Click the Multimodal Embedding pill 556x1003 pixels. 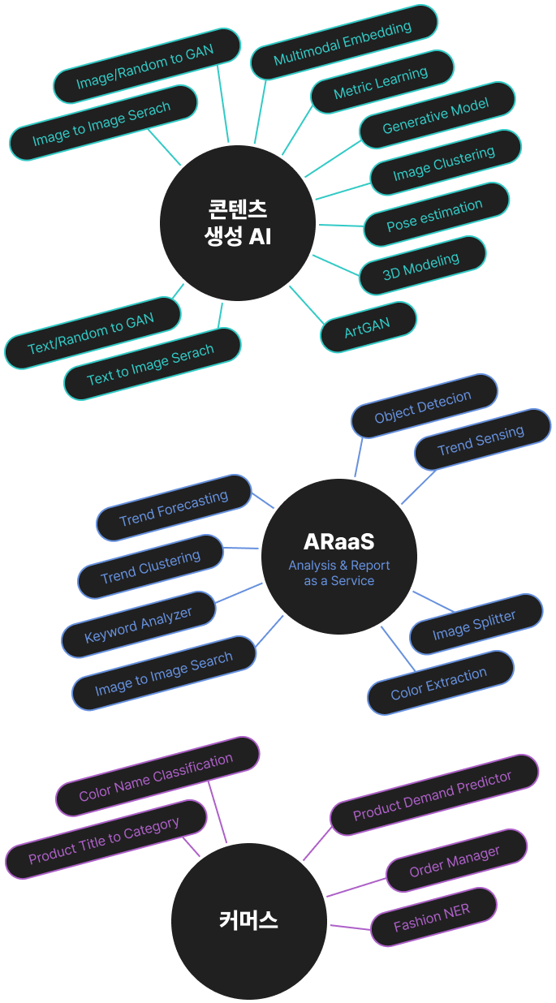(x=343, y=43)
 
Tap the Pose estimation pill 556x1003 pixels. (x=435, y=215)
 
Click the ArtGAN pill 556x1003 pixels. (x=368, y=327)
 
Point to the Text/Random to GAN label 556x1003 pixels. (x=91, y=335)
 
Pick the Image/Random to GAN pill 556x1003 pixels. (x=146, y=66)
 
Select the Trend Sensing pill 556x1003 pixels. (x=481, y=439)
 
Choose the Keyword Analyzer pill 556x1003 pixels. (x=139, y=624)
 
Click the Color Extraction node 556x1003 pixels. (x=439, y=683)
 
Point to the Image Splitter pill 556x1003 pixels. (x=474, y=624)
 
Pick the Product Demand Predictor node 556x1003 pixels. (x=433, y=795)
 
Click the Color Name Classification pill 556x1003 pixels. (x=157, y=777)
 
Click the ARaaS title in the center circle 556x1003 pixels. (x=338, y=541)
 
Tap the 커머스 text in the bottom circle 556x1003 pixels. (x=248, y=920)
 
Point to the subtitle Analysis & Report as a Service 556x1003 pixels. (x=339, y=573)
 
